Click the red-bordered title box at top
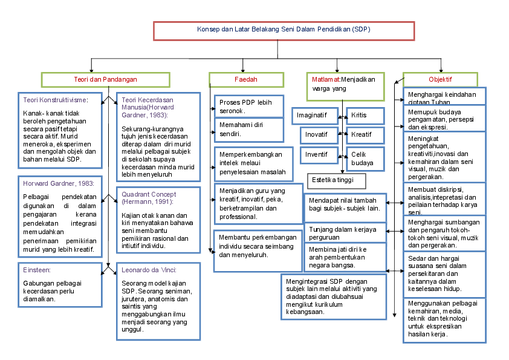click(284, 30)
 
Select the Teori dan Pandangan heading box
click(105, 79)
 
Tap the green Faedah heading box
click(246, 79)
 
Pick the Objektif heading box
click(440, 79)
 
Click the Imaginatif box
click(312, 114)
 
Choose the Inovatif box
click(317, 134)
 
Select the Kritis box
click(365, 114)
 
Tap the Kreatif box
click(365, 134)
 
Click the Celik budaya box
click(365, 159)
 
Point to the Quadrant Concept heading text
click(148, 198)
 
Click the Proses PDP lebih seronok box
click(249, 106)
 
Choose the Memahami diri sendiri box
click(249, 129)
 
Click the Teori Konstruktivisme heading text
click(55, 100)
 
